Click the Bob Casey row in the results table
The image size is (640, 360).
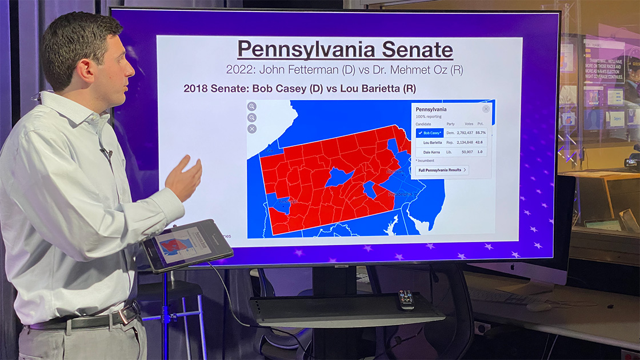tap(451, 133)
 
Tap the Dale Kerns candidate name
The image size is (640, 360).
tap(431, 152)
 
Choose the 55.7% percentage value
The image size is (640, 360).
tap(481, 133)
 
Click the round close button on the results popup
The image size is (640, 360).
tap(486, 109)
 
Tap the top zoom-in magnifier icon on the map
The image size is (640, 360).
tap(252, 106)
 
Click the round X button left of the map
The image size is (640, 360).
tap(252, 129)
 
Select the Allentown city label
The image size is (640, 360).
tap(394, 172)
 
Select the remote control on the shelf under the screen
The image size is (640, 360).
tap(406, 299)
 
